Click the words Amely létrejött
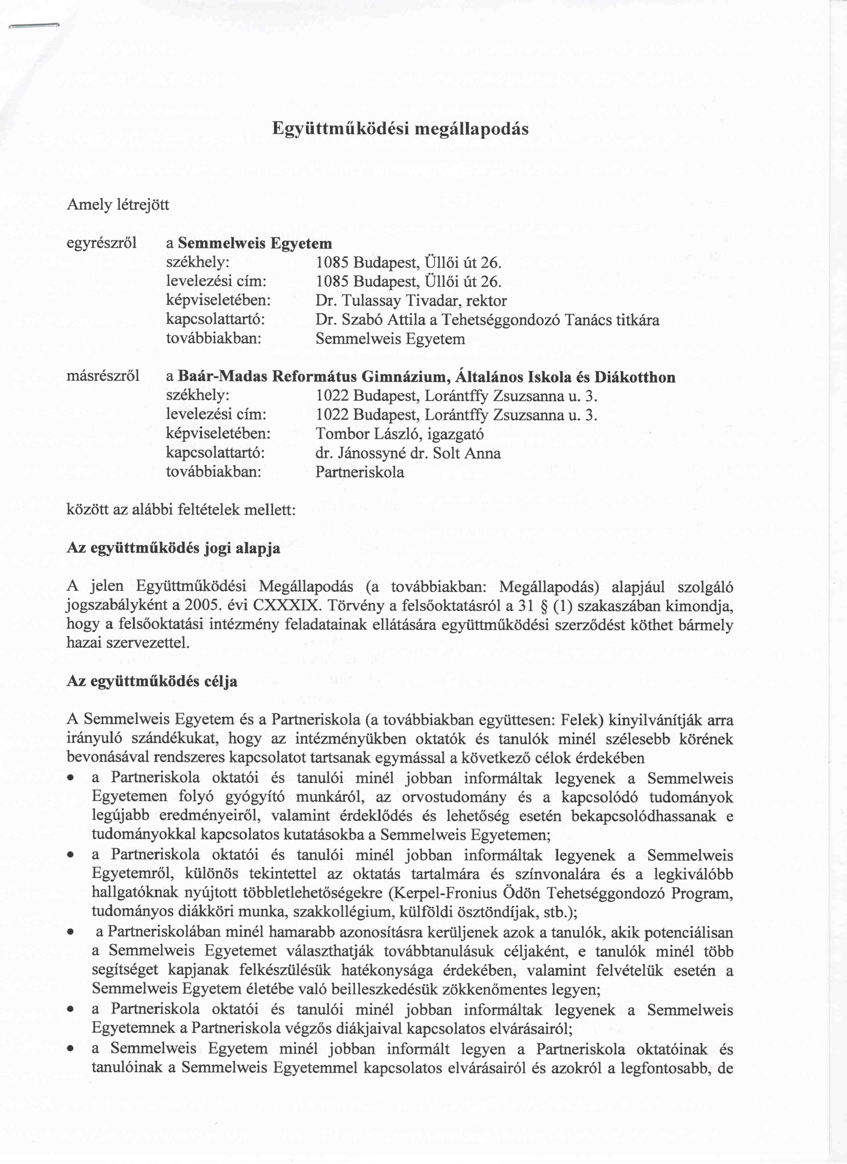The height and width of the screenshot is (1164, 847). (x=118, y=205)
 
